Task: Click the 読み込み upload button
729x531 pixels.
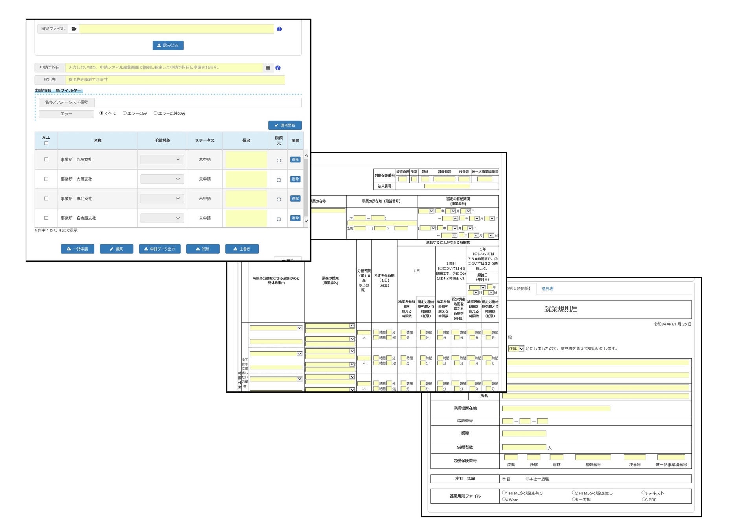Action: (x=168, y=45)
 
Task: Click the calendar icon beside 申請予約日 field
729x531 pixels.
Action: (x=268, y=68)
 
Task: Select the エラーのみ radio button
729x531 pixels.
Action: (x=125, y=113)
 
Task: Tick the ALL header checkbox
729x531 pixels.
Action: (x=46, y=143)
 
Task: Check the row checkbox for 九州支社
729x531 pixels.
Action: (x=46, y=159)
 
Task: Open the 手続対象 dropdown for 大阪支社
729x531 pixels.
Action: (x=162, y=179)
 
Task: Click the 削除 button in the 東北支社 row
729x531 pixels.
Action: (x=295, y=199)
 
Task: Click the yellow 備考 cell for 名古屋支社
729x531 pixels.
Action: (x=246, y=218)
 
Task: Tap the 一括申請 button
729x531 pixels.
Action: (x=77, y=249)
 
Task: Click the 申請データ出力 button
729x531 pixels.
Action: (x=160, y=249)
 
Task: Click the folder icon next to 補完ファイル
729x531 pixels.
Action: (x=73, y=29)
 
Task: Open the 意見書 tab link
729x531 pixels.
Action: (x=547, y=289)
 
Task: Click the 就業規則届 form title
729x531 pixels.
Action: (x=561, y=309)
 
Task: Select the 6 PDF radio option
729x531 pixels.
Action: (x=644, y=500)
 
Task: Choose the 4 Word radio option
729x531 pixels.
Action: (x=504, y=500)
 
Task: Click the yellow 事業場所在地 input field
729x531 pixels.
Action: (x=556, y=408)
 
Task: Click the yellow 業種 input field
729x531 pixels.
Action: (x=524, y=433)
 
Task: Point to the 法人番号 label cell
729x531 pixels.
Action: (x=384, y=186)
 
